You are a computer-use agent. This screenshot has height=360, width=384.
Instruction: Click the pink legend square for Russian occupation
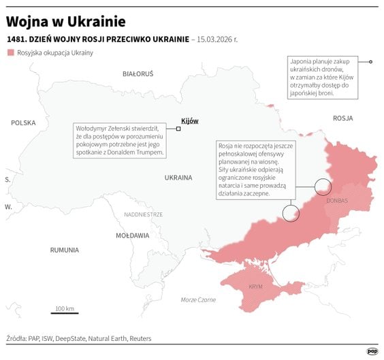pyautogui.click(x=10, y=52)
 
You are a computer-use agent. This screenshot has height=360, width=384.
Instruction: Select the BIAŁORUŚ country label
pyautogui.click(x=138, y=73)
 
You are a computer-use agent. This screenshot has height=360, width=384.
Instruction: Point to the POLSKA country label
pyautogui.click(x=23, y=122)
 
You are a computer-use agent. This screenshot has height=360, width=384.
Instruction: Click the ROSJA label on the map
pyautogui.click(x=342, y=118)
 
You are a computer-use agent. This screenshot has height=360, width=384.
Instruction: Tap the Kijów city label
pyautogui.click(x=190, y=120)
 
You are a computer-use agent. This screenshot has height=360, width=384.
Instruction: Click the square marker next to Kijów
pyautogui.click(x=178, y=128)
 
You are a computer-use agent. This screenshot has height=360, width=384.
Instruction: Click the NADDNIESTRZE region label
pyautogui.click(x=143, y=214)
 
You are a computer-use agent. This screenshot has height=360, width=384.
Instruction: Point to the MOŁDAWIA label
pyautogui.click(x=132, y=235)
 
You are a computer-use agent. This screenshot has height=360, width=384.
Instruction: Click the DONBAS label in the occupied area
pyautogui.click(x=336, y=201)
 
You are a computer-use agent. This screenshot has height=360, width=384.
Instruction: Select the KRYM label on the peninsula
pyautogui.click(x=256, y=287)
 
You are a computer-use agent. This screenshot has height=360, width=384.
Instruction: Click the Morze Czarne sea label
pyautogui.click(x=199, y=300)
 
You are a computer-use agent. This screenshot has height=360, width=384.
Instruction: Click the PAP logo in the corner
pyautogui.click(x=372, y=351)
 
